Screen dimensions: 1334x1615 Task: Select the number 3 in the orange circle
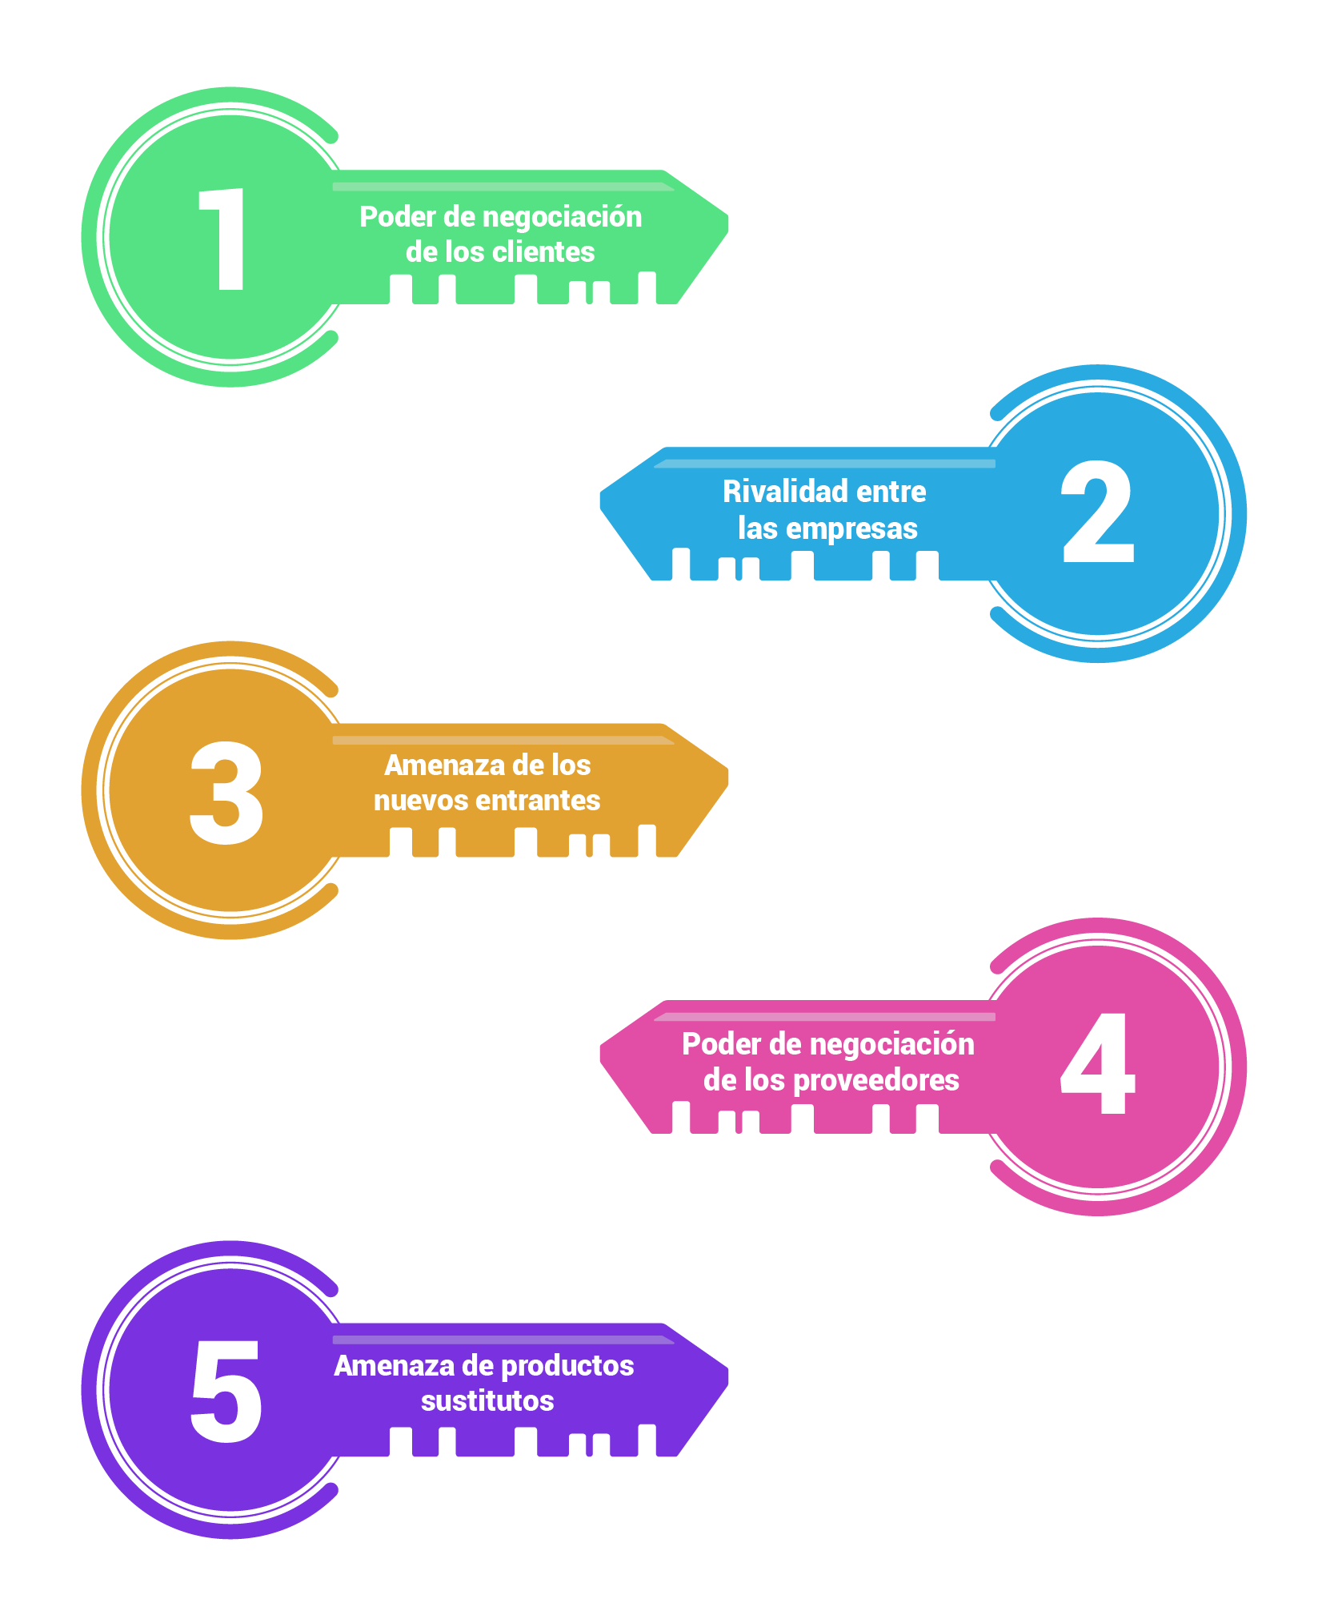click(x=226, y=793)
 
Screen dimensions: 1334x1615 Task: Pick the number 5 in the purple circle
click(x=226, y=1392)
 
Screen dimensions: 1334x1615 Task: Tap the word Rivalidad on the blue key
click(x=774, y=492)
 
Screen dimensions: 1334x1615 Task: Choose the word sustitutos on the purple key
click(x=487, y=1401)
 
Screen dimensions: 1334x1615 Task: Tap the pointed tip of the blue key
click(x=601, y=501)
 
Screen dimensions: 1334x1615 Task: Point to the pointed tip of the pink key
click(x=601, y=1054)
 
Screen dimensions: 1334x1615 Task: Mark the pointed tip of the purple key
click(x=727, y=1376)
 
